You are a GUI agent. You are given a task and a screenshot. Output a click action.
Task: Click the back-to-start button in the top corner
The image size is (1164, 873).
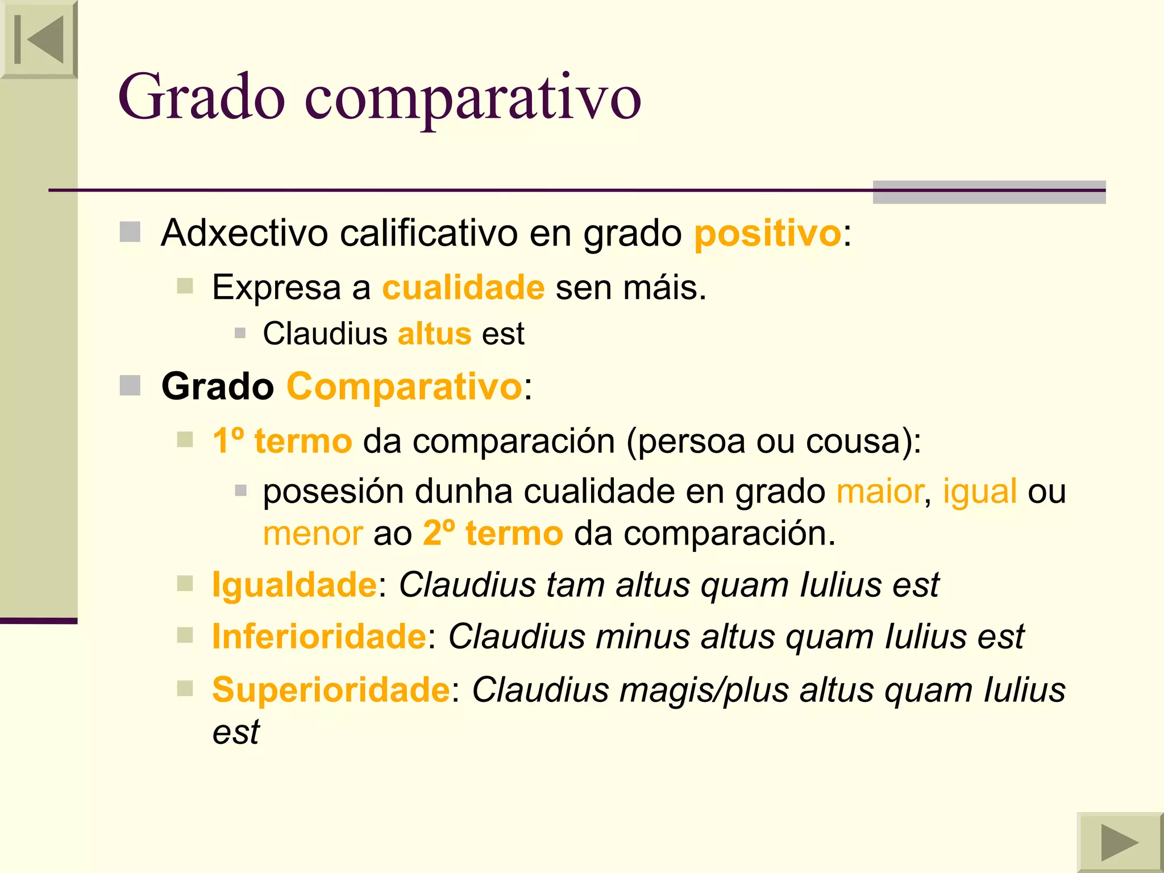[x=39, y=39]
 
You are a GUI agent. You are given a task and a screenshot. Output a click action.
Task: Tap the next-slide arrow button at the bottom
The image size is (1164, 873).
[x=1119, y=842]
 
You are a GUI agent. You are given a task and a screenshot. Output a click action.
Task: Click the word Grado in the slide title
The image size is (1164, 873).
[x=201, y=97]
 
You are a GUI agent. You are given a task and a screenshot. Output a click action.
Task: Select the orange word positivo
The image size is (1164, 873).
[x=767, y=233]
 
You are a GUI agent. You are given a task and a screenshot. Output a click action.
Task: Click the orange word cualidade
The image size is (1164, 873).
[x=463, y=287]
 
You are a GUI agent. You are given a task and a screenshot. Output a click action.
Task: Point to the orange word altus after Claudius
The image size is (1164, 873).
[x=434, y=334]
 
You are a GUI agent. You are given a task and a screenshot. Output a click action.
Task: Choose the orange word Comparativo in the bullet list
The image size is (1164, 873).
[x=404, y=386]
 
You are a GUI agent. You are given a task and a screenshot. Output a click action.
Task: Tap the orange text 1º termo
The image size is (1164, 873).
[x=282, y=441]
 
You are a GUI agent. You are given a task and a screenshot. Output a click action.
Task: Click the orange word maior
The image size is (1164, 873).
[x=879, y=491]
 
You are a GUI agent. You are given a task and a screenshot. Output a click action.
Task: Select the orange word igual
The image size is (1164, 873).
[x=979, y=491]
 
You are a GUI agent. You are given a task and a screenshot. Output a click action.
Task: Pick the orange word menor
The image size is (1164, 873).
[x=313, y=534]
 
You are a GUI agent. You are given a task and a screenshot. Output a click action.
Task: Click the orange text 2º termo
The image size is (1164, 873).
[x=493, y=534]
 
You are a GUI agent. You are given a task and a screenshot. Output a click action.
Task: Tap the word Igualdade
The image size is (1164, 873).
[x=294, y=585]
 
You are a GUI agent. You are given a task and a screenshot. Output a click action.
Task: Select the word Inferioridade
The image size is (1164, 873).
[x=319, y=636]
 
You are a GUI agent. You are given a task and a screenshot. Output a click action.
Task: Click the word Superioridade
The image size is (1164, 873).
[x=331, y=690]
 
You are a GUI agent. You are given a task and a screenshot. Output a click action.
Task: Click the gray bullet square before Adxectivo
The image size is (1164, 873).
[x=130, y=232]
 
